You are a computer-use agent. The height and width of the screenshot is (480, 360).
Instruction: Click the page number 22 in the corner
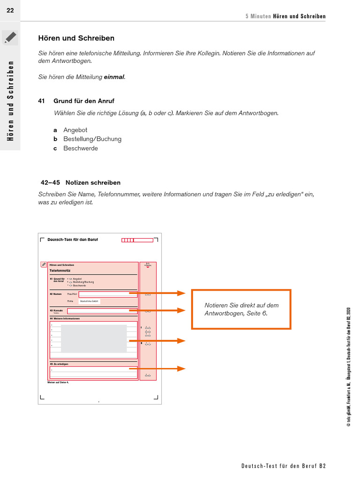[10, 10]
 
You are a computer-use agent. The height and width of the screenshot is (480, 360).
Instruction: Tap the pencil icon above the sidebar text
[10, 37]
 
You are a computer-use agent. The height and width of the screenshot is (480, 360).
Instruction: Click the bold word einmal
[114, 76]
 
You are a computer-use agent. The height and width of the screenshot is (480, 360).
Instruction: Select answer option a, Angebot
[75, 130]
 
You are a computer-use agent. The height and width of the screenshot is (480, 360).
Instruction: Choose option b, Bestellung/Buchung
[92, 139]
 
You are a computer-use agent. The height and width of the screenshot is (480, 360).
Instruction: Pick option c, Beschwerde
[81, 148]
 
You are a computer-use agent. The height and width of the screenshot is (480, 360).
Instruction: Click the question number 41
[41, 101]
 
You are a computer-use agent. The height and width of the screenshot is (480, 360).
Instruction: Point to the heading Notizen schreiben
[93, 182]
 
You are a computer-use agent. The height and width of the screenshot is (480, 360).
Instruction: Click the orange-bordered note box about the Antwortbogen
[241, 309]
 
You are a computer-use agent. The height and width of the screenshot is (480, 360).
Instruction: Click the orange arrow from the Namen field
[157, 293]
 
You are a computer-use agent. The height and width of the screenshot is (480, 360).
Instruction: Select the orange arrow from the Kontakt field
[157, 310]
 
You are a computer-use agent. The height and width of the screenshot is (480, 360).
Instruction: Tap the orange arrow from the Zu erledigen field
[157, 368]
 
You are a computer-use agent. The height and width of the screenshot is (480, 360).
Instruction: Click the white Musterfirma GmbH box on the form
[89, 301]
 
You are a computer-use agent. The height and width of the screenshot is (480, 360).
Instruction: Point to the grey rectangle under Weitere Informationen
[94, 338]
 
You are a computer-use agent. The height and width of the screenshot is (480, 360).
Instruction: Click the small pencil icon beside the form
[44, 264]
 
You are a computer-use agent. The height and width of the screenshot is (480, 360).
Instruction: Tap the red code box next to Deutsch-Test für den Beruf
[137, 240]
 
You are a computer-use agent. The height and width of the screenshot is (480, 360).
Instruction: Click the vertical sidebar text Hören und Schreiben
[10, 100]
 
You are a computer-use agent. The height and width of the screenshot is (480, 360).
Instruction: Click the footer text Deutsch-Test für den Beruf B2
[283, 466]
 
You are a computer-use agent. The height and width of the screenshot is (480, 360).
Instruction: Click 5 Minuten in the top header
[258, 16]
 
